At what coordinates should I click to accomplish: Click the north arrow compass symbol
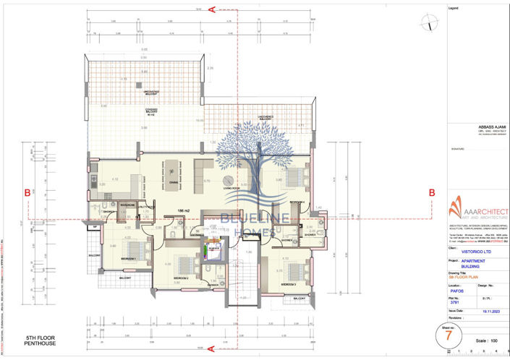pyautogui.click(x=431, y=23)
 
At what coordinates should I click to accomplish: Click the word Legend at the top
pyautogui.click(x=454, y=8)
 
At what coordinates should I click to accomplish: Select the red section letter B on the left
pyautogui.click(x=27, y=193)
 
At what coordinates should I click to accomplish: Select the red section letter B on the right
pyautogui.click(x=432, y=193)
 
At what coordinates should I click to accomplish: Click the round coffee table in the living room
pyautogui.click(x=228, y=180)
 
